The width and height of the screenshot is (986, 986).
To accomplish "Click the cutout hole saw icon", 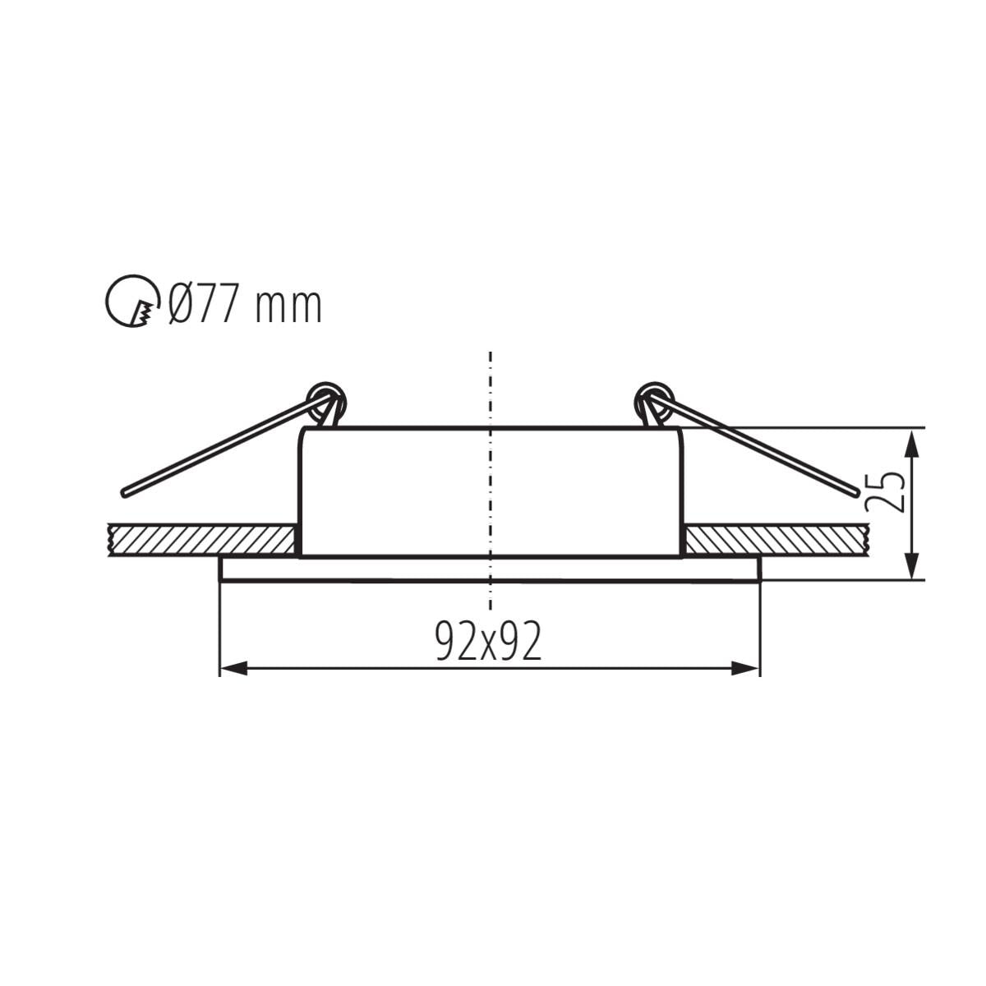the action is coord(132,302).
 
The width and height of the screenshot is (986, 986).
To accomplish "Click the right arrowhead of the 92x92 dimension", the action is coord(745,668).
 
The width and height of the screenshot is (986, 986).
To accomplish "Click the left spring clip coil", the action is coord(326,400).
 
